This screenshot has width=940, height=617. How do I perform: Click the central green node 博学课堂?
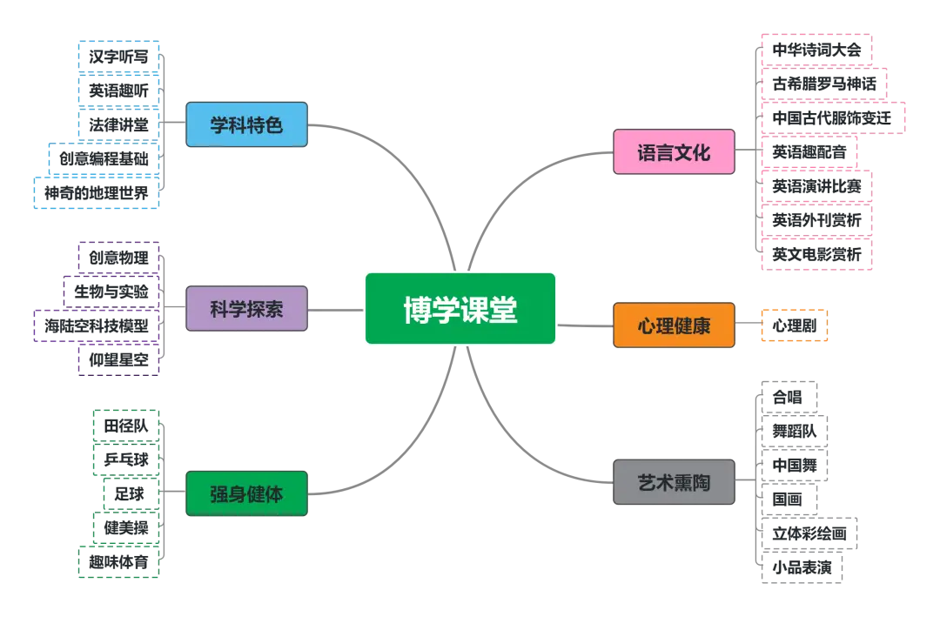[460, 309]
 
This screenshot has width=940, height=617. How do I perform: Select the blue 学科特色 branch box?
[246, 124]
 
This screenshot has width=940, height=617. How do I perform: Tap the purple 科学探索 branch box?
[246, 309]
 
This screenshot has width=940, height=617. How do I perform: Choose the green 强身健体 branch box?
[246, 494]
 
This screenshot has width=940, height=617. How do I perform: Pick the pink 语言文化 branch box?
[674, 153]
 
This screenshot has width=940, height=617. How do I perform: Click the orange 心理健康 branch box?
[674, 326]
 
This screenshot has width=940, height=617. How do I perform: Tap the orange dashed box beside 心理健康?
[794, 326]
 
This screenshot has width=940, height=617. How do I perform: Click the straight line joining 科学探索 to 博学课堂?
[336, 309]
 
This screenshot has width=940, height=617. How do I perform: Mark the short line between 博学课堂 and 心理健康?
[585, 326]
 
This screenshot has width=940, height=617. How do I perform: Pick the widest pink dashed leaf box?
[835, 116]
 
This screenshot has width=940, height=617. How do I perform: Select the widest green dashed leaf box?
[117, 562]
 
